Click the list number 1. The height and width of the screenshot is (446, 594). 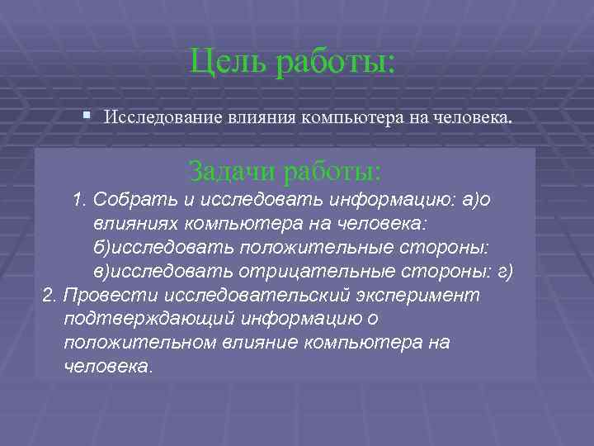click(x=78, y=200)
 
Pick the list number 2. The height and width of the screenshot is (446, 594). click(x=48, y=296)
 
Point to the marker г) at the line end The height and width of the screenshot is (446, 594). click(x=505, y=272)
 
